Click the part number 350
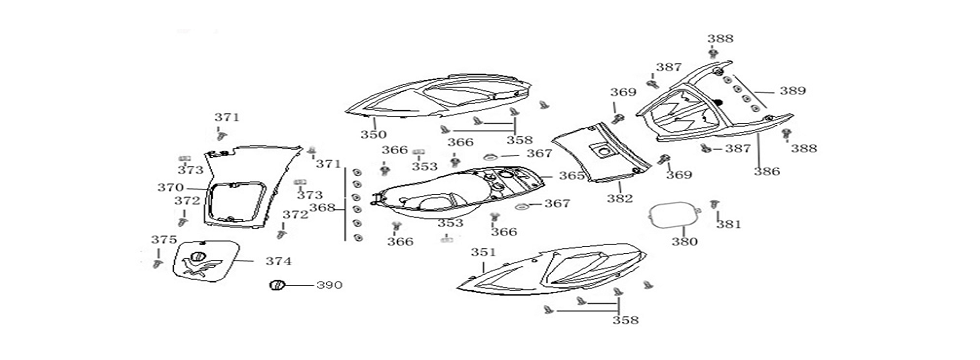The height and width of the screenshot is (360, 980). pyautogui.click(x=373, y=134)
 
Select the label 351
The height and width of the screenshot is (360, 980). pyautogui.click(x=483, y=252)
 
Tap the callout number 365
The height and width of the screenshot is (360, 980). pyautogui.click(x=571, y=176)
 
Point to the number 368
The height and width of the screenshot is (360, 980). pyautogui.click(x=322, y=208)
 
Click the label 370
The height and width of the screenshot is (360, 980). pyautogui.click(x=170, y=188)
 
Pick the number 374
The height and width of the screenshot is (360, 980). pyautogui.click(x=278, y=261)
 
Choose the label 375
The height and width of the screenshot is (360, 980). pyautogui.click(x=164, y=240)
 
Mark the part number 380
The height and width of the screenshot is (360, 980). pyautogui.click(x=684, y=241)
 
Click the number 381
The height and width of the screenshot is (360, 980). pyautogui.click(x=728, y=224)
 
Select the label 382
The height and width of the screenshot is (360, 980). pyautogui.click(x=619, y=199)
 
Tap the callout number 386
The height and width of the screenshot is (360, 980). pyautogui.click(x=767, y=171)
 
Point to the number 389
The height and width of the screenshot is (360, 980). pyautogui.click(x=792, y=91)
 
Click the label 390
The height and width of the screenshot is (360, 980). pyautogui.click(x=329, y=285)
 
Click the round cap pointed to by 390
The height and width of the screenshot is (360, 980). pyautogui.click(x=276, y=286)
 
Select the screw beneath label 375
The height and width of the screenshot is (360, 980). pyautogui.click(x=157, y=264)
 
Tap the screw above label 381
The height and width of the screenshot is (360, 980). pyautogui.click(x=715, y=204)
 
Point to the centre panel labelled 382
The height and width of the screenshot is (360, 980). pyautogui.click(x=602, y=151)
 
